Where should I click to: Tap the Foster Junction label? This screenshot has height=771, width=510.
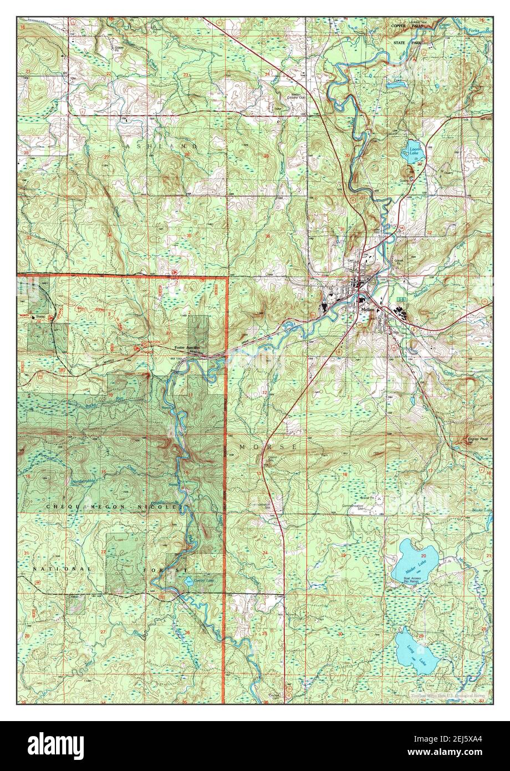187,348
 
